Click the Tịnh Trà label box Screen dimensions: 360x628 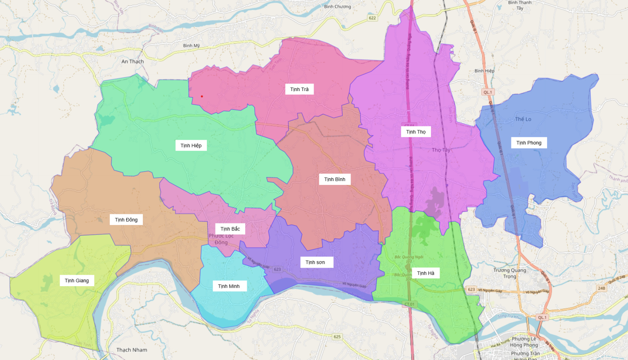pos(299,90)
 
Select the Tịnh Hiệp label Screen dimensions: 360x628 pos(191,146)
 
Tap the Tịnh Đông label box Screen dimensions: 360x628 pos(126,220)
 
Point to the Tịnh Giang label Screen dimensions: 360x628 pos(77,281)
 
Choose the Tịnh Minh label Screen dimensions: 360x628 pos(228,286)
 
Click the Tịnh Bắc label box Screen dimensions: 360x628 pos(230,229)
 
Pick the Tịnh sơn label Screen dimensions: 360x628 pos(315,262)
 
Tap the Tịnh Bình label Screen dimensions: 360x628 pos(334,179)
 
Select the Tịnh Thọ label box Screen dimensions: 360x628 pos(416,132)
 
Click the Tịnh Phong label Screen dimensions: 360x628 pos(529,143)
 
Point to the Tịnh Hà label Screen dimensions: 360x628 pos(425,273)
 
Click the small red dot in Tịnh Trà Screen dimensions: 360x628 pos(202,96)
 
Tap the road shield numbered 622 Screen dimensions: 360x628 pos(372,18)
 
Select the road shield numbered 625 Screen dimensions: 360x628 pos(337,336)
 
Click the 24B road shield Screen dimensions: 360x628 pos(601,288)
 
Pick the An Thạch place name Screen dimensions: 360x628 pos(133,62)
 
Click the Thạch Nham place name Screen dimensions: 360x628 pos(132,350)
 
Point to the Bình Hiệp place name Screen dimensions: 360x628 pos(484,71)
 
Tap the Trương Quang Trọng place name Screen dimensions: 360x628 pos(509,273)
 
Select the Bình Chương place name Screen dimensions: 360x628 pos(338,7)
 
